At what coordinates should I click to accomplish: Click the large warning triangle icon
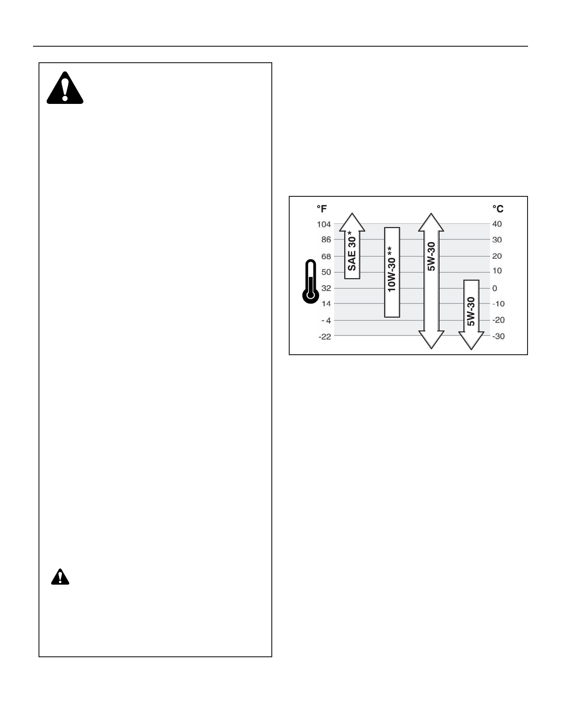(x=65, y=89)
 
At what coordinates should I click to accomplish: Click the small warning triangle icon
(x=60, y=577)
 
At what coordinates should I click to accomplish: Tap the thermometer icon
(x=310, y=282)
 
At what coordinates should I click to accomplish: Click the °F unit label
(x=322, y=209)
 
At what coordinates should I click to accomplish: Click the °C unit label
(x=498, y=209)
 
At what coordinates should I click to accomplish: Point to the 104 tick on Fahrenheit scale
(x=324, y=224)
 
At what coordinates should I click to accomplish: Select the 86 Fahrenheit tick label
(x=326, y=239)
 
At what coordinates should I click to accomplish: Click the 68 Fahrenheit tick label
(x=326, y=256)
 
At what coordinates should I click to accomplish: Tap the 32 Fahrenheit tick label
(x=326, y=288)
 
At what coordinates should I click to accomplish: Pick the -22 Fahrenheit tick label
(x=325, y=336)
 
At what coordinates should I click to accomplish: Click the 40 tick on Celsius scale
(x=497, y=224)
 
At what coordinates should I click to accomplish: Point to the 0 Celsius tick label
(x=495, y=288)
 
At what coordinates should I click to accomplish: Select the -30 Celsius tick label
(x=498, y=336)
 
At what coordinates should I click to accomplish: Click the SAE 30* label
(x=352, y=251)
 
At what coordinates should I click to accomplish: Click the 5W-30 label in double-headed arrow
(x=431, y=256)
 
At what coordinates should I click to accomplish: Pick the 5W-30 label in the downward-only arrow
(x=471, y=311)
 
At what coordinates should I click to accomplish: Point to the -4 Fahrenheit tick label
(x=326, y=320)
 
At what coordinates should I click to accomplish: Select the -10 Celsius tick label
(x=498, y=304)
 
